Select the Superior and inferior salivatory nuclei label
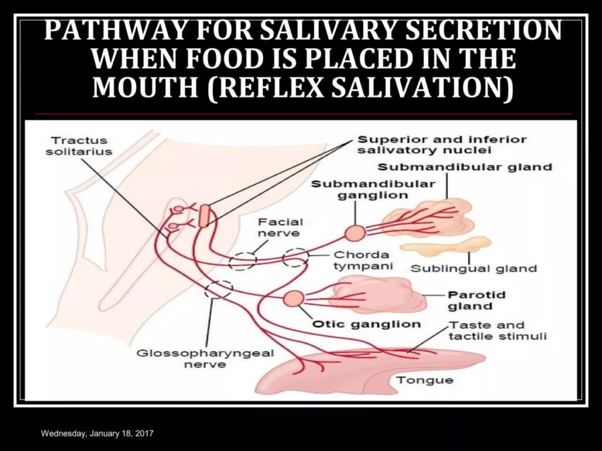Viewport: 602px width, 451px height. click(442, 145)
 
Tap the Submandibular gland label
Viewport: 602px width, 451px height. click(464, 167)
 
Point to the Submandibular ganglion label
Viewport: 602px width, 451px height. click(373, 189)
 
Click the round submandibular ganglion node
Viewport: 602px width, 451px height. click(355, 233)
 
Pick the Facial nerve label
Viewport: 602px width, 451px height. click(281, 228)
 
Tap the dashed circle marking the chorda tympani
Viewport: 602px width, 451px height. click(296, 258)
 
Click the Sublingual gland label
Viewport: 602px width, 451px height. click(473, 269)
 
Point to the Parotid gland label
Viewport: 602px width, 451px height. click(468, 301)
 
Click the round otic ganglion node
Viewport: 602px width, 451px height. click(293, 299)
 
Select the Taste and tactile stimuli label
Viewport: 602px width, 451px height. click(497, 331)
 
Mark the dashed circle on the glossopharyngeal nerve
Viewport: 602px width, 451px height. click(219, 288)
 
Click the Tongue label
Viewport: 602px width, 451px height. click(424, 380)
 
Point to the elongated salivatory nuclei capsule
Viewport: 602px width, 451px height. click(203, 216)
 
